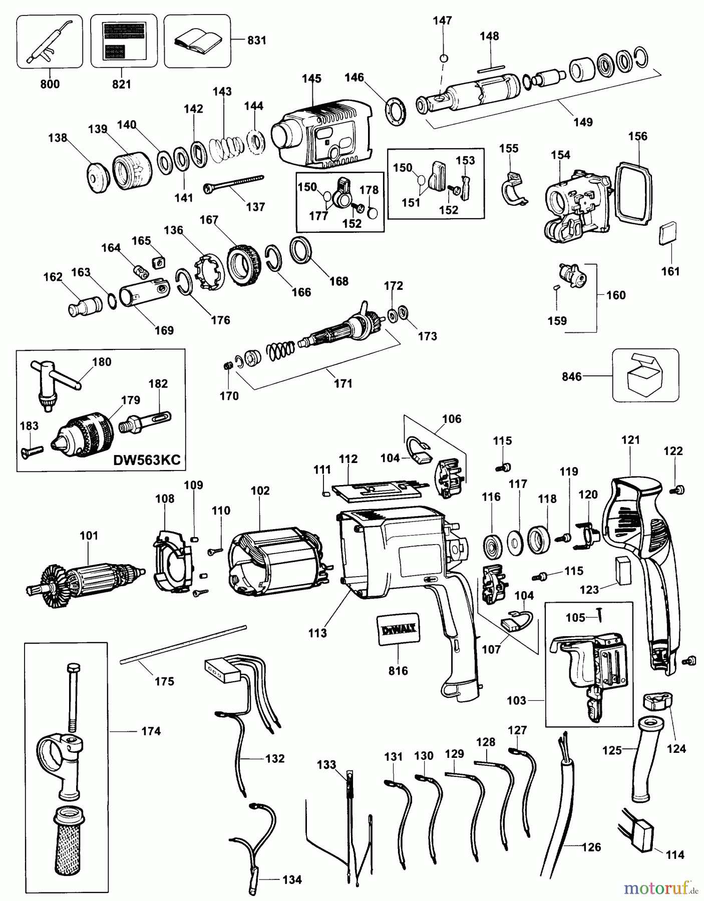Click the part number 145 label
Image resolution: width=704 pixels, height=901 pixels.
pyautogui.click(x=311, y=79)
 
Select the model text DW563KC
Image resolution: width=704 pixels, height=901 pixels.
pyautogui.click(x=147, y=460)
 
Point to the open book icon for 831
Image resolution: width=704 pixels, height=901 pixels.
pyautogui.click(x=197, y=42)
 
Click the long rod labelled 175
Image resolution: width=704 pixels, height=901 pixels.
pyautogui.click(x=183, y=644)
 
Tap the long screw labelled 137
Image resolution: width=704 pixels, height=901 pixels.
pyautogui.click(x=234, y=183)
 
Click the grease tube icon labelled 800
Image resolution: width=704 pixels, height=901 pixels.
pyautogui.click(x=49, y=42)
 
